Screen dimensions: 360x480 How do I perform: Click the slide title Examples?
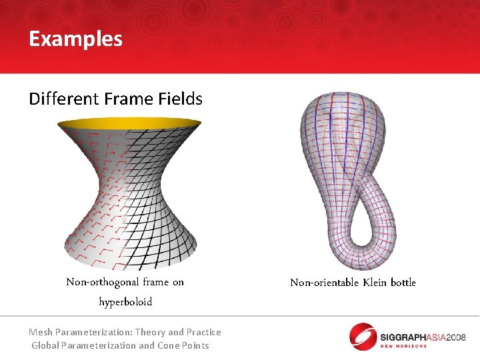point(75,39)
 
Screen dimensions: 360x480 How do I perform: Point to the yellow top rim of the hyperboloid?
point(129,123)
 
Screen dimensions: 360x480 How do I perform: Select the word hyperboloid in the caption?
point(125,302)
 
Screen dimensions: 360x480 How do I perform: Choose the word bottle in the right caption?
point(403,283)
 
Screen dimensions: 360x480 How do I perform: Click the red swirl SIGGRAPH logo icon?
point(363,336)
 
